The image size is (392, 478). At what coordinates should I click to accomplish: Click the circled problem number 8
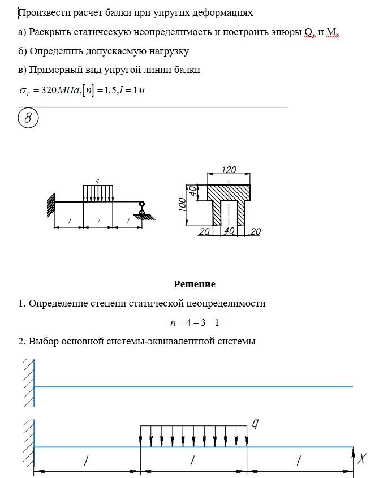pyautogui.click(x=29, y=118)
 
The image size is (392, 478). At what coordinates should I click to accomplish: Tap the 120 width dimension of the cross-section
pyautogui.click(x=229, y=170)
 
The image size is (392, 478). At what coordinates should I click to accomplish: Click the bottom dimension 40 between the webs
pyautogui.click(x=229, y=231)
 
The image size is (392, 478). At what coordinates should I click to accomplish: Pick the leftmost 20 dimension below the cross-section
pyautogui.click(x=204, y=231)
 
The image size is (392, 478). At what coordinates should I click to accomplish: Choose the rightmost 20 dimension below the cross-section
pyautogui.click(x=255, y=231)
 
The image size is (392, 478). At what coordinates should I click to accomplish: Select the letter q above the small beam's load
pyautogui.click(x=98, y=180)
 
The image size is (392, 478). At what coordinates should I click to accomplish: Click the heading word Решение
pyautogui.click(x=194, y=284)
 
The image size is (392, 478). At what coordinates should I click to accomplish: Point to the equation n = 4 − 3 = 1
pyautogui.click(x=194, y=322)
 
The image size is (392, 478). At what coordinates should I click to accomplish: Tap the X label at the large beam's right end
pyautogui.click(x=364, y=458)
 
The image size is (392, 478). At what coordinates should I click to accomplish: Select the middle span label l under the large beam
pyautogui.click(x=193, y=462)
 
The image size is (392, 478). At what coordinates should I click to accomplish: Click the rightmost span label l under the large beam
pyautogui.click(x=299, y=462)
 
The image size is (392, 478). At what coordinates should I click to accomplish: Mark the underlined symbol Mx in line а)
pyautogui.click(x=332, y=32)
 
